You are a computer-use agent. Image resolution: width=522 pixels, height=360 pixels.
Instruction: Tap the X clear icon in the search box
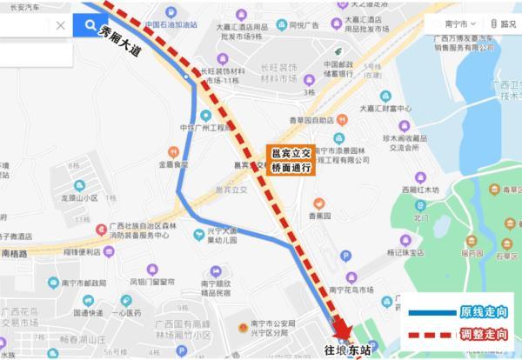[x=60, y=26]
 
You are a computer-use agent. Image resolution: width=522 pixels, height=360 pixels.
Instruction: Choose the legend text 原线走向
[x=483, y=311]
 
